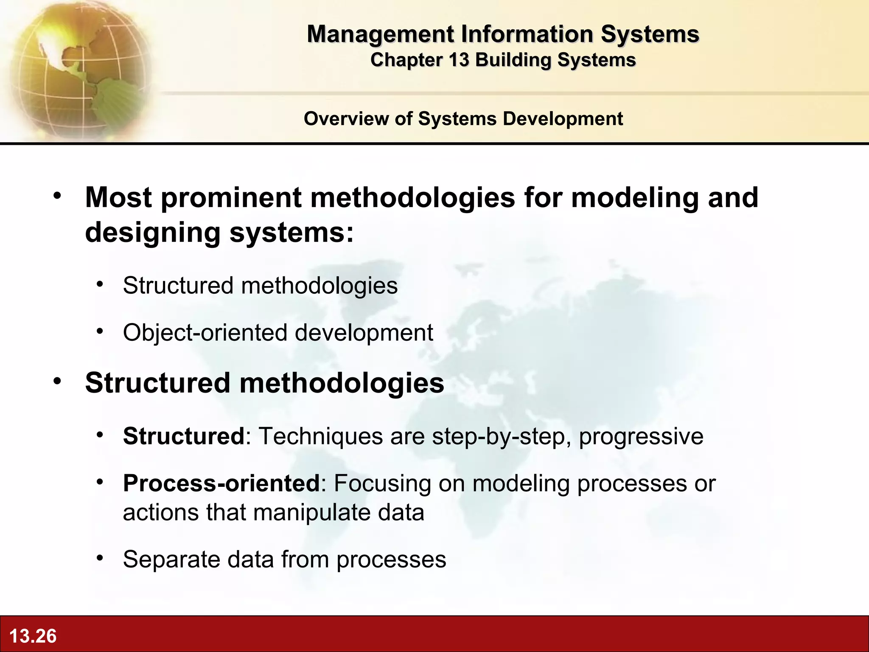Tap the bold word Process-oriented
point(221,483)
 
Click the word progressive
point(641,436)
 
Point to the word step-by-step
point(501,436)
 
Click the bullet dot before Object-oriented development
point(100,331)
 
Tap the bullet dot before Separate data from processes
point(100,558)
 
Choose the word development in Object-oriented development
point(364,332)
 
